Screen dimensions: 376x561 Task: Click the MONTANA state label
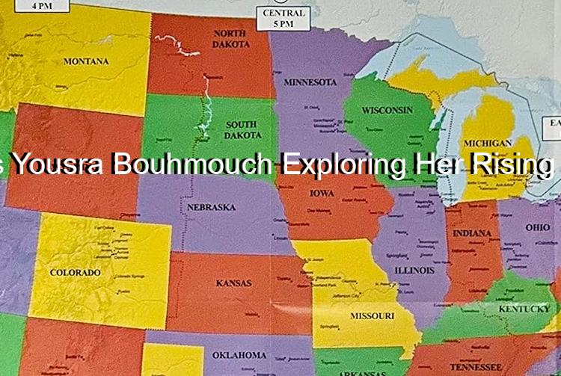point(85,61)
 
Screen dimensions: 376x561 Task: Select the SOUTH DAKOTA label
point(243,130)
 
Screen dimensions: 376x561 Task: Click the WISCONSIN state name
point(387,110)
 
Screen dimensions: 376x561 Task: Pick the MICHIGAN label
point(487,143)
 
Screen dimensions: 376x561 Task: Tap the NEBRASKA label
point(211,206)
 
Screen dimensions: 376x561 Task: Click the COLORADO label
point(75,273)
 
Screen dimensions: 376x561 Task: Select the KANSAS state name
point(233,283)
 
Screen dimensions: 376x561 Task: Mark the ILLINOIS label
point(414,269)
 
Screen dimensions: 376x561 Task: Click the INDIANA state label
point(472,233)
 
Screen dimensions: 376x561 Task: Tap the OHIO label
point(537,226)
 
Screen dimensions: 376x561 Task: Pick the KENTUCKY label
point(524,309)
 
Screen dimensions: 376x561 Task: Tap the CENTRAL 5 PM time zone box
point(283,18)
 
